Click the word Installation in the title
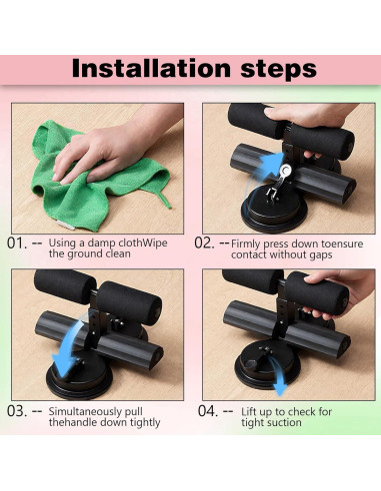151,68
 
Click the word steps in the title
278,69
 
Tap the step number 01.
17,244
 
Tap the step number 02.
204,244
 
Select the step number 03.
17,411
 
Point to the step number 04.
208,411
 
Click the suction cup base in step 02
274,210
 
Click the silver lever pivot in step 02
286,171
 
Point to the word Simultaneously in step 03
85,412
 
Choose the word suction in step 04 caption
286,423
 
